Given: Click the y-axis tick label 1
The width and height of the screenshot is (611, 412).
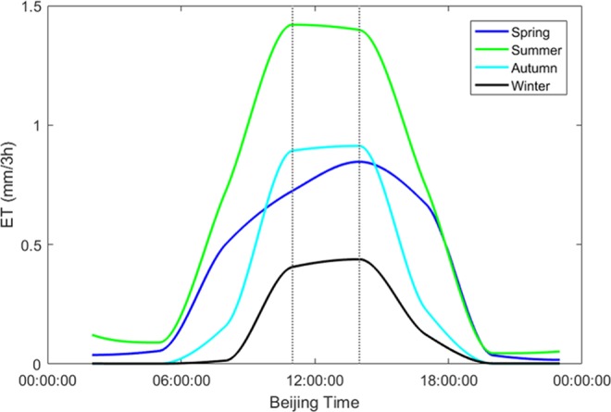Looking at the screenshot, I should [32, 126].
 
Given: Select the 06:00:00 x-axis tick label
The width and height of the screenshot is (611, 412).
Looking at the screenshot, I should [178, 380].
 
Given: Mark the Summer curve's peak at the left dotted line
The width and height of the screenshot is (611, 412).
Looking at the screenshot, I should [293, 25].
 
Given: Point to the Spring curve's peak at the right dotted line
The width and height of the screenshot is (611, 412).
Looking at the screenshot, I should [359, 161].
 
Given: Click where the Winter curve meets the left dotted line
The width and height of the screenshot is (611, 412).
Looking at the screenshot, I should [293, 267].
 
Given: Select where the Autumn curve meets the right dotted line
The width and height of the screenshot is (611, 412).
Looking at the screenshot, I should [359, 145].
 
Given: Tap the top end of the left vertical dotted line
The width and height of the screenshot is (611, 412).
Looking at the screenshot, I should [293, 8].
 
